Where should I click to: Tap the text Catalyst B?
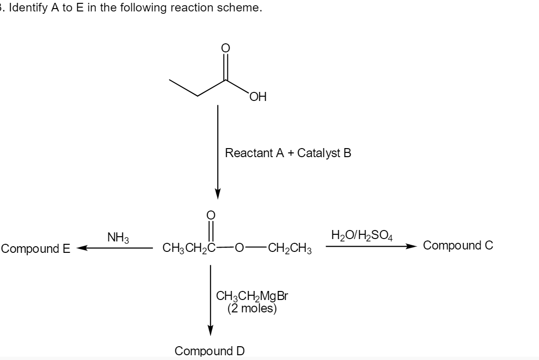[324, 153]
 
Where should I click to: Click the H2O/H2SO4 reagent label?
[362, 235]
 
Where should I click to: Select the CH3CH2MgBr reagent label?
[252, 297]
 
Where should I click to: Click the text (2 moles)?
[252, 308]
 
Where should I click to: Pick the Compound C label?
[458, 246]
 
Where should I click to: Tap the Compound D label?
[210, 351]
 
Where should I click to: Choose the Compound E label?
[36, 249]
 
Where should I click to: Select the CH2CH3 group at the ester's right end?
[290, 248]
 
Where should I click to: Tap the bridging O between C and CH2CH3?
[240, 248]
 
